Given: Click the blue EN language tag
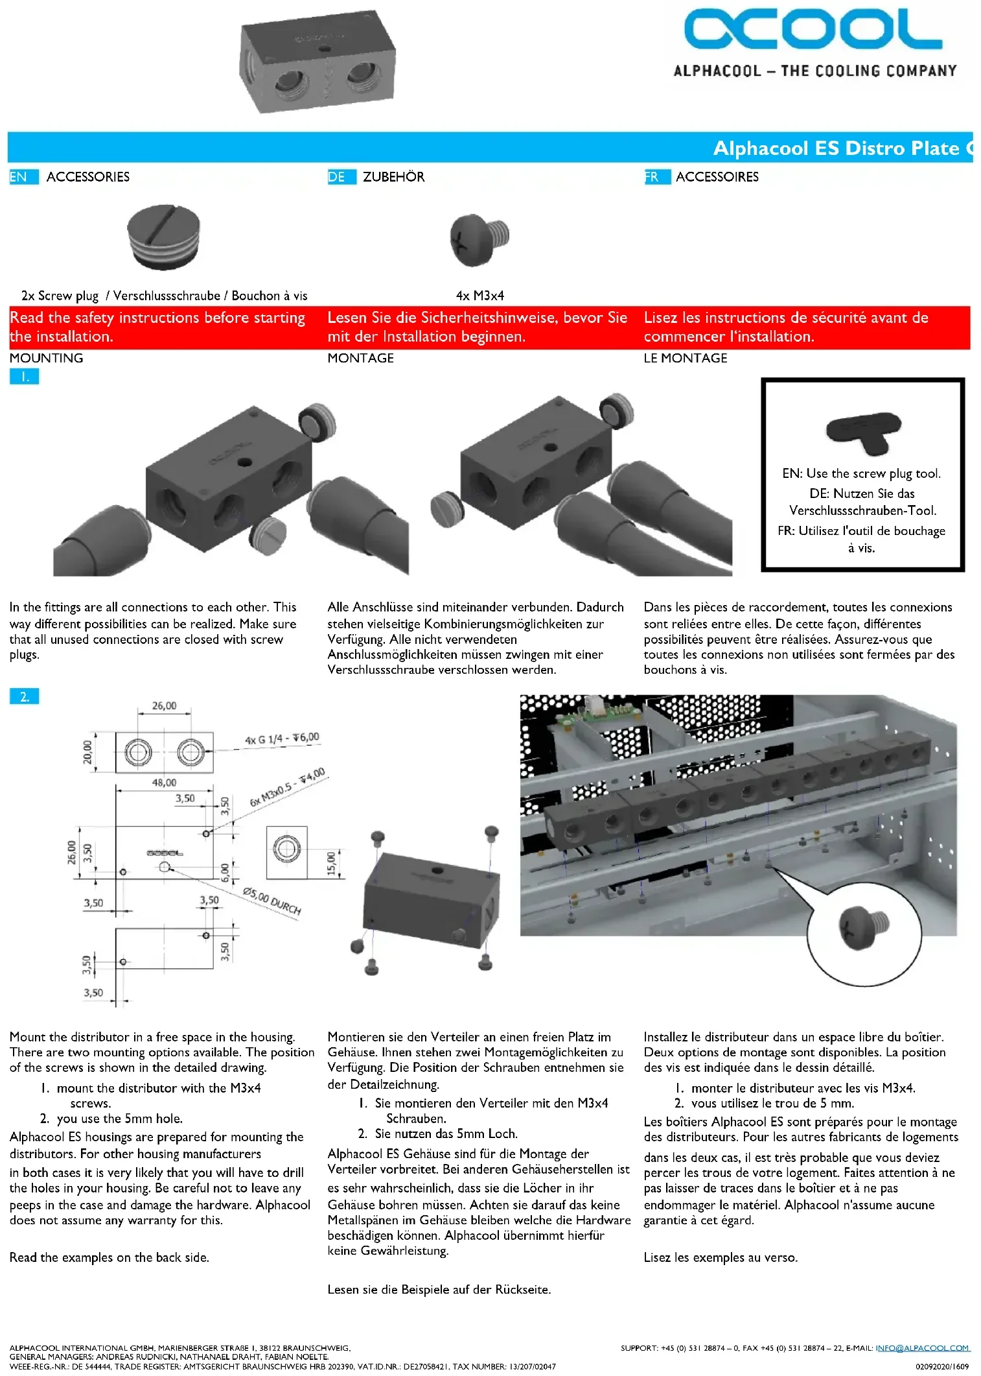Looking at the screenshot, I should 19,177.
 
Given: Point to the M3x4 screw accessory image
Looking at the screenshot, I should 479,239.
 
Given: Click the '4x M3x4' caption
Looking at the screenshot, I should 479,296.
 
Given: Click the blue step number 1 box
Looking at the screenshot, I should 24,377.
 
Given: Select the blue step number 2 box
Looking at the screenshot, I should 24,697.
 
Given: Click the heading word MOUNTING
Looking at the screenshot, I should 46,358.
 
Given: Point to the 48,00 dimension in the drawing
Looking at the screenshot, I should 164,783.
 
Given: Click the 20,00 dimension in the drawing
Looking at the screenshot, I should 87,752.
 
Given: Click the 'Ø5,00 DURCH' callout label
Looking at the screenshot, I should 272,901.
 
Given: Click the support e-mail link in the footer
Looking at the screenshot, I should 922,1347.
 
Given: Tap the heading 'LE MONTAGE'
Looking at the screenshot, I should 685,358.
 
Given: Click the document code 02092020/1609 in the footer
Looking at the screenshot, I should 942,1366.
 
